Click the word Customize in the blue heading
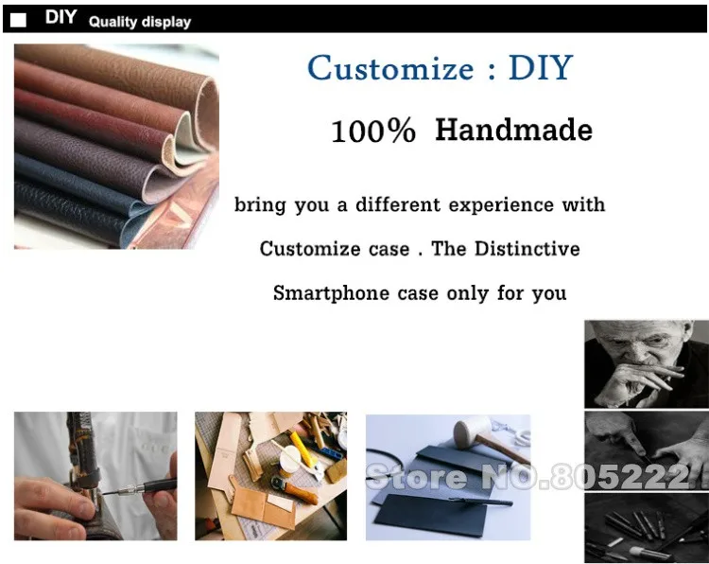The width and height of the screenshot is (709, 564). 390,69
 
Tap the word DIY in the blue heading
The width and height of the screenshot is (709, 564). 541,68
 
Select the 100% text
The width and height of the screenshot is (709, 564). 373,132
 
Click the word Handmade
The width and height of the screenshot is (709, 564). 513,130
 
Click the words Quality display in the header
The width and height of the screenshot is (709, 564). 139,22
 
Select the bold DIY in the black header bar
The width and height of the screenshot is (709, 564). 61,18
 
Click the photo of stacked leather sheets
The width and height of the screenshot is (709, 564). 116,146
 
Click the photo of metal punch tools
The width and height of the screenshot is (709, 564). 646,526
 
